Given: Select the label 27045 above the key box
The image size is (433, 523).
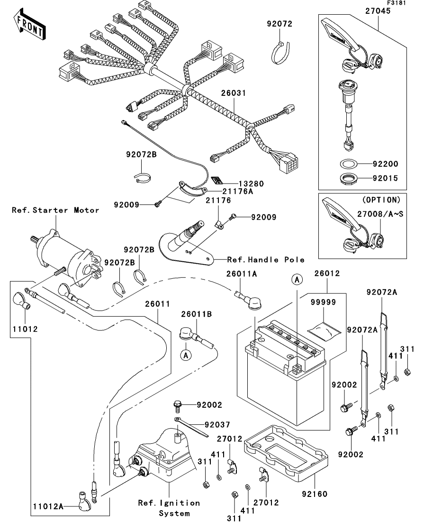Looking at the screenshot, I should (x=378, y=10).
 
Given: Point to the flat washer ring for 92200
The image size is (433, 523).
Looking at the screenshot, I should (x=348, y=165).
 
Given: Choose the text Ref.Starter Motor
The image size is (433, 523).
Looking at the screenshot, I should (x=55, y=210).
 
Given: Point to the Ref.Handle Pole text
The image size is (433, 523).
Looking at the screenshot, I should (x=266, y=259).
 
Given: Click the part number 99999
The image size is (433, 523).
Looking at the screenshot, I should (x=324, y=302).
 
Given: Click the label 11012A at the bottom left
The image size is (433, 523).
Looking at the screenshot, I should (x=48, y=506).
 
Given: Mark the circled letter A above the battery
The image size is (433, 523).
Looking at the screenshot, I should (x=297, y=280).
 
